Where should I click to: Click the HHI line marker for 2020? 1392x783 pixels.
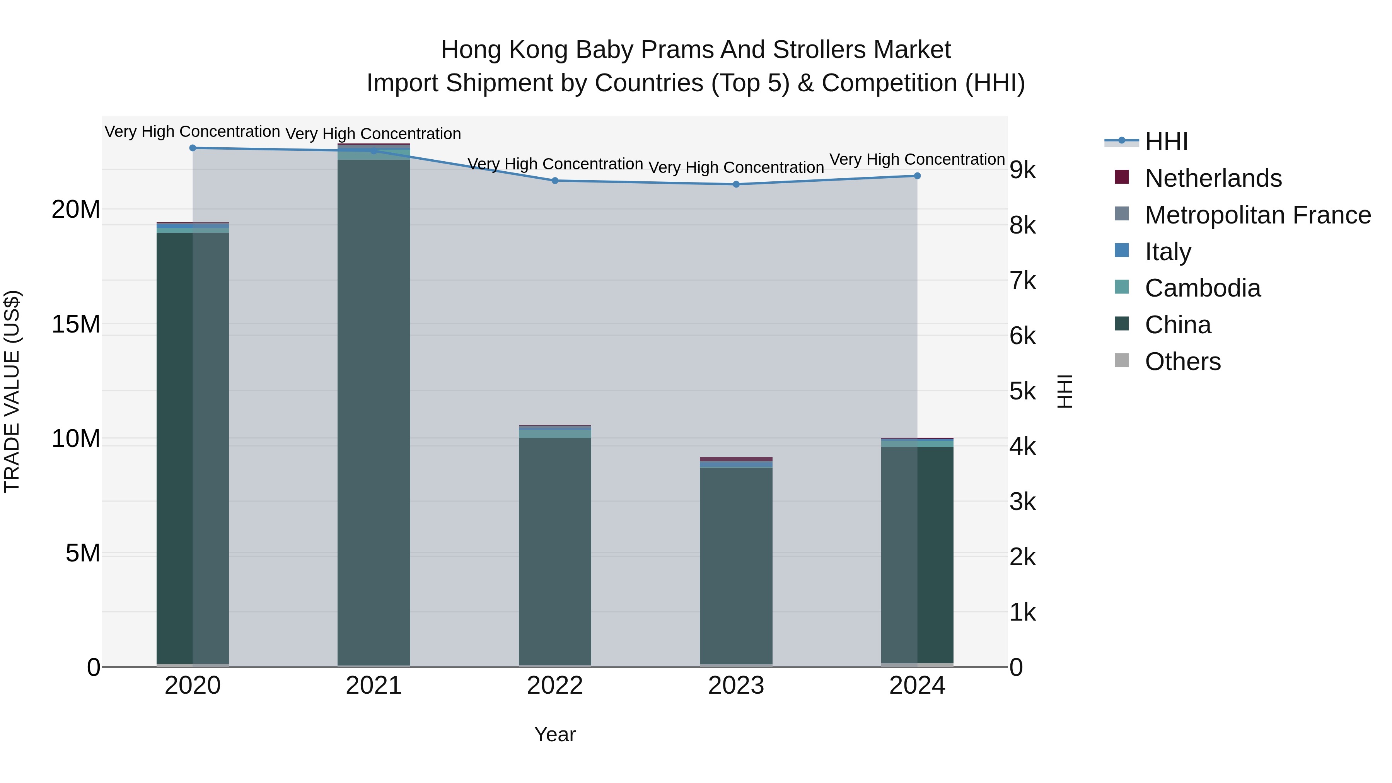pos(193,148)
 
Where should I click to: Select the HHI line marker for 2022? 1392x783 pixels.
pos(555,181)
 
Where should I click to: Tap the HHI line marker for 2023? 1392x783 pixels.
pos(736,184)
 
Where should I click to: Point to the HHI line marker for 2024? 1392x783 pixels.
pos(917,176)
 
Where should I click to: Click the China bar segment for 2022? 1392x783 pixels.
pos(555,551)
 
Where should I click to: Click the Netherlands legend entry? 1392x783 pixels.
pos(1213,178)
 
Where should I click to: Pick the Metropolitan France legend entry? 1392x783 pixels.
pos(1257,215)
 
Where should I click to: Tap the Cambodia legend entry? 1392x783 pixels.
pos(1202,288)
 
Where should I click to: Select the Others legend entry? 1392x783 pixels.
pos(1182,362)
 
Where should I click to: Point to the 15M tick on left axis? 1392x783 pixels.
pos(76,324)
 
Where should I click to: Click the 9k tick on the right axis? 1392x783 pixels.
pos(1022,170)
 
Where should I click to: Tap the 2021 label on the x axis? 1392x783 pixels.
pos(374,686)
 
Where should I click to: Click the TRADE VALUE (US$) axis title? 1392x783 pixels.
pos(12,391)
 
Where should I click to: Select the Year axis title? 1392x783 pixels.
pos(555,734)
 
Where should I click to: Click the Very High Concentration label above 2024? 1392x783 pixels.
pos(917,159)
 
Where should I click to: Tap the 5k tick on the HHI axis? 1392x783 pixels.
pos(1022,391)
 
